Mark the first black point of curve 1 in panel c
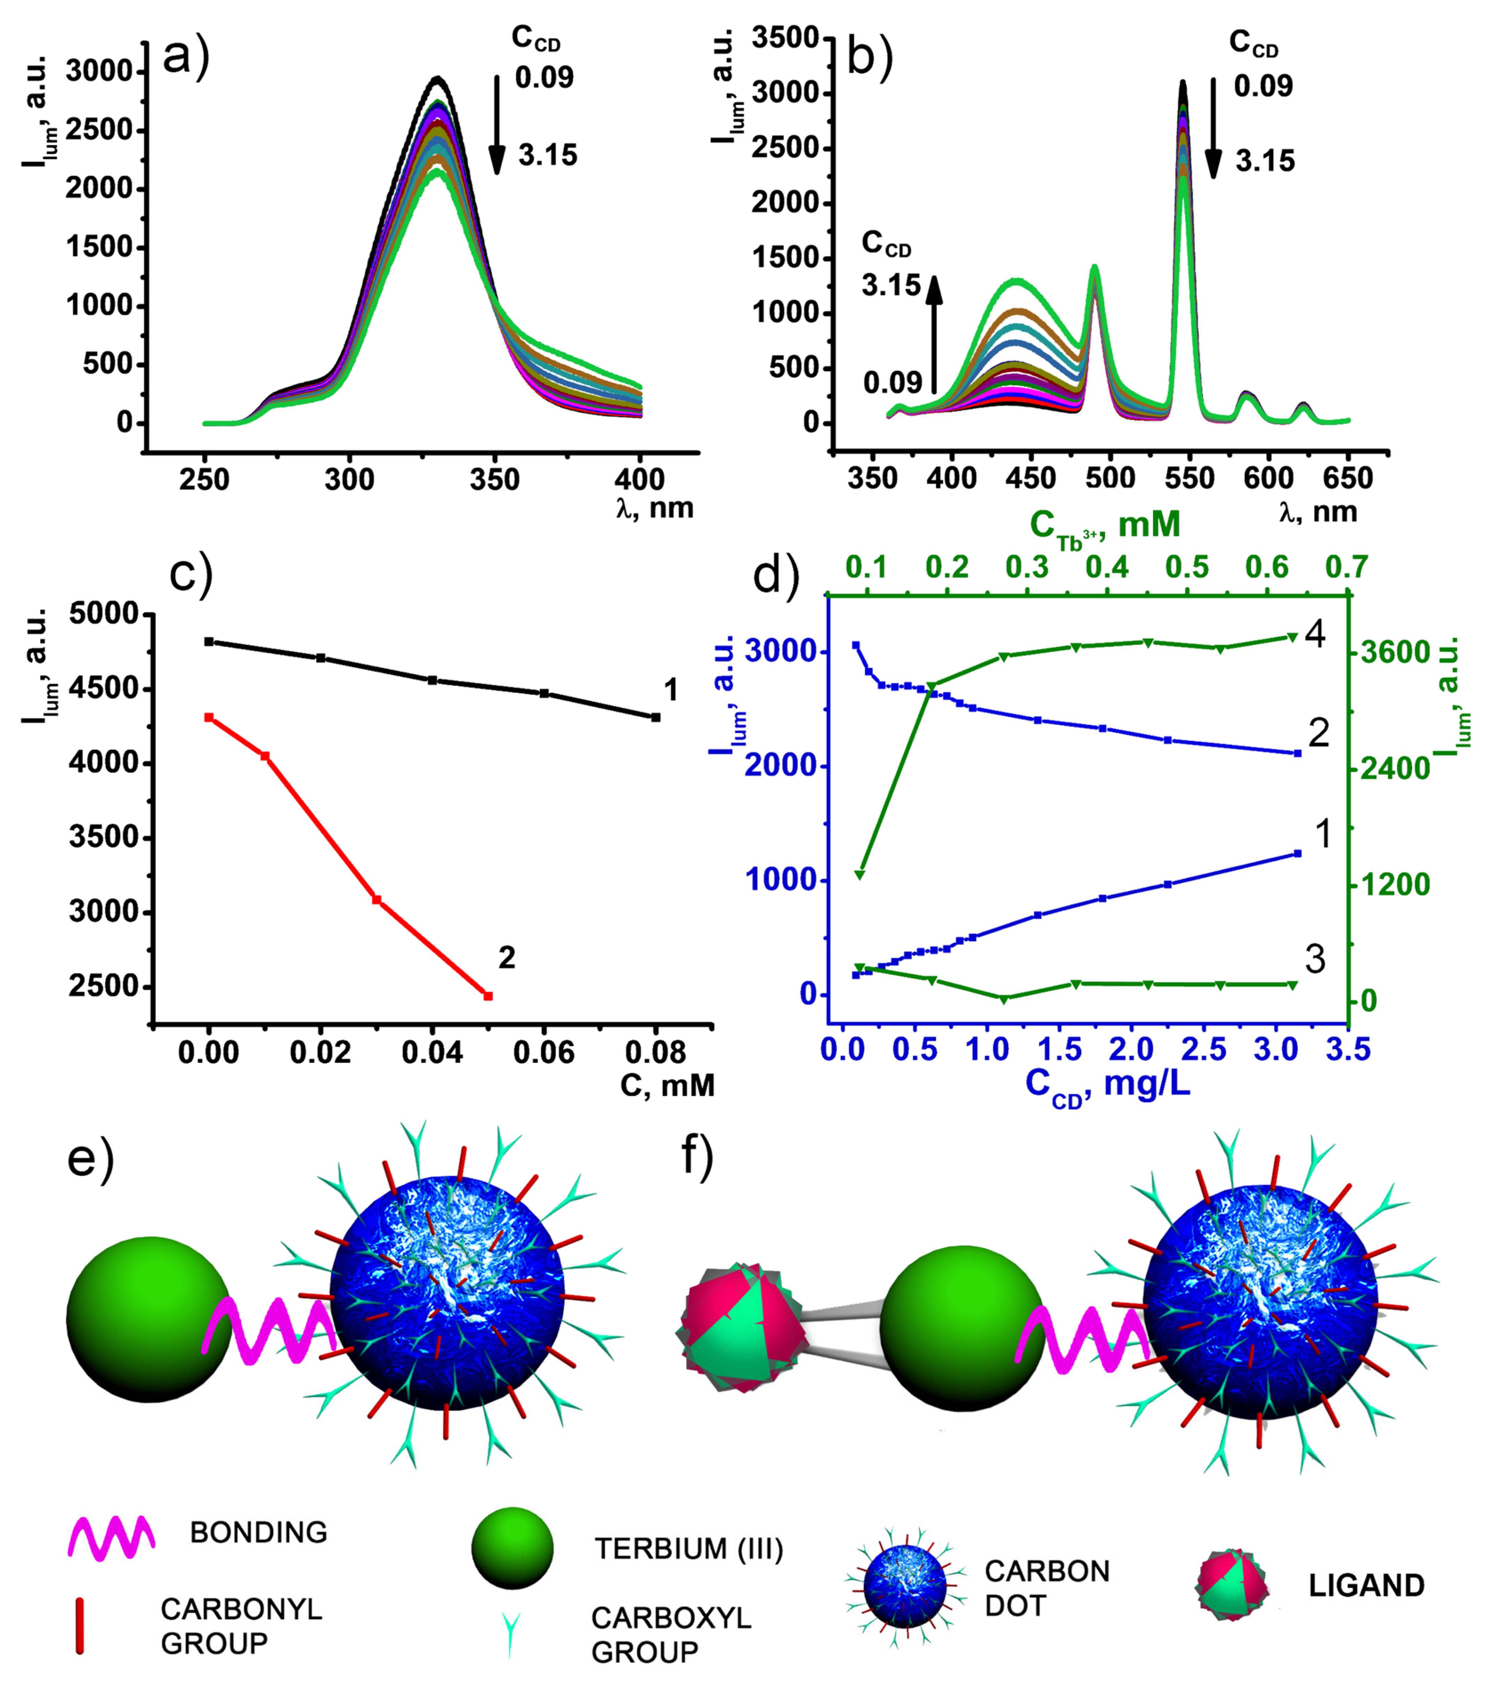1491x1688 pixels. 209,642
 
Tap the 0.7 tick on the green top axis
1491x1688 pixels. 1346,567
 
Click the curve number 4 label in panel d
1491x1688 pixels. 1315,633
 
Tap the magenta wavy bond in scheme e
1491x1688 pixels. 268,1330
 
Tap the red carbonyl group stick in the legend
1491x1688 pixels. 79,1625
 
